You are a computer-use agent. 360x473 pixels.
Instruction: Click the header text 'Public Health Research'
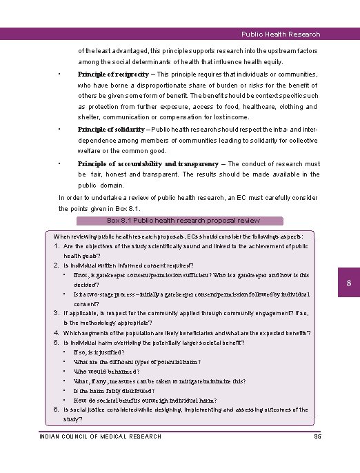pos(281,34)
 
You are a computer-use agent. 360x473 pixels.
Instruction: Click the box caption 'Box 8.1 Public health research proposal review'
pos(183,221)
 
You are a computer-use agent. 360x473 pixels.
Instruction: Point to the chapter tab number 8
pos(349,284)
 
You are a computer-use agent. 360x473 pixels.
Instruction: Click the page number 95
pos(317,436)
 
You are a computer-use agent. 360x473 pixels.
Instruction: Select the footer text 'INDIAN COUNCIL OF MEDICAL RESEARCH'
pos(101,436)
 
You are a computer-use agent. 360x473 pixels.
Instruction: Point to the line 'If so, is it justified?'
pos(99,352)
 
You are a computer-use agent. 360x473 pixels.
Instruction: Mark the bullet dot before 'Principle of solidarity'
pos(61,129)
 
